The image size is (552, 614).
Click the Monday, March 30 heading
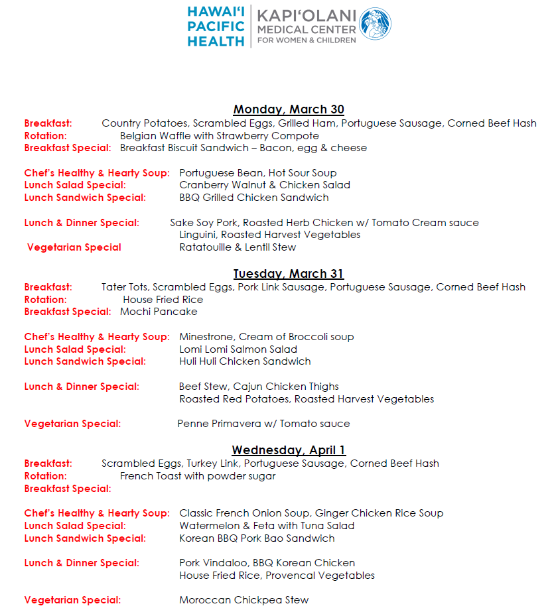point(289,109)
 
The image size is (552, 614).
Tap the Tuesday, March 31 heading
point(289,274)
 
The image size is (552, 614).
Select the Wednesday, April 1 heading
point(289,450)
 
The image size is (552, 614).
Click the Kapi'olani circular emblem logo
point(375,24)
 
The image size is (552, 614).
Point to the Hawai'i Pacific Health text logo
point(216,27)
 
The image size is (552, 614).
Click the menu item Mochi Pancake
point(159,312)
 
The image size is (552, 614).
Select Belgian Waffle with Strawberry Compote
point(220,135)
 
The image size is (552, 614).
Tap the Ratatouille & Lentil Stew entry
point(238,247)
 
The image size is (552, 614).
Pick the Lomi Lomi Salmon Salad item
point(238,349)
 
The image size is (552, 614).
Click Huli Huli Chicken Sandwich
point(245,361)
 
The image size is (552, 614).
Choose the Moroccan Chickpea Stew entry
point(243,600)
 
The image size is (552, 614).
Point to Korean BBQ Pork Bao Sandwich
point(257,538)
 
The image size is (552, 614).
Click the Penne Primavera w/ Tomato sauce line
point(263,423)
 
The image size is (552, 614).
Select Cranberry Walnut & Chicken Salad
point(265,185)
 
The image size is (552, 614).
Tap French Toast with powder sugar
point(198,475)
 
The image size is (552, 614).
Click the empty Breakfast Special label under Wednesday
point(67,489)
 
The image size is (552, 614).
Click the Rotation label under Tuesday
point(45,299)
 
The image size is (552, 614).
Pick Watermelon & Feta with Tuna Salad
point(267,525)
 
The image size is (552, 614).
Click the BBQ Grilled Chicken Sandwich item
point(254,197)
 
